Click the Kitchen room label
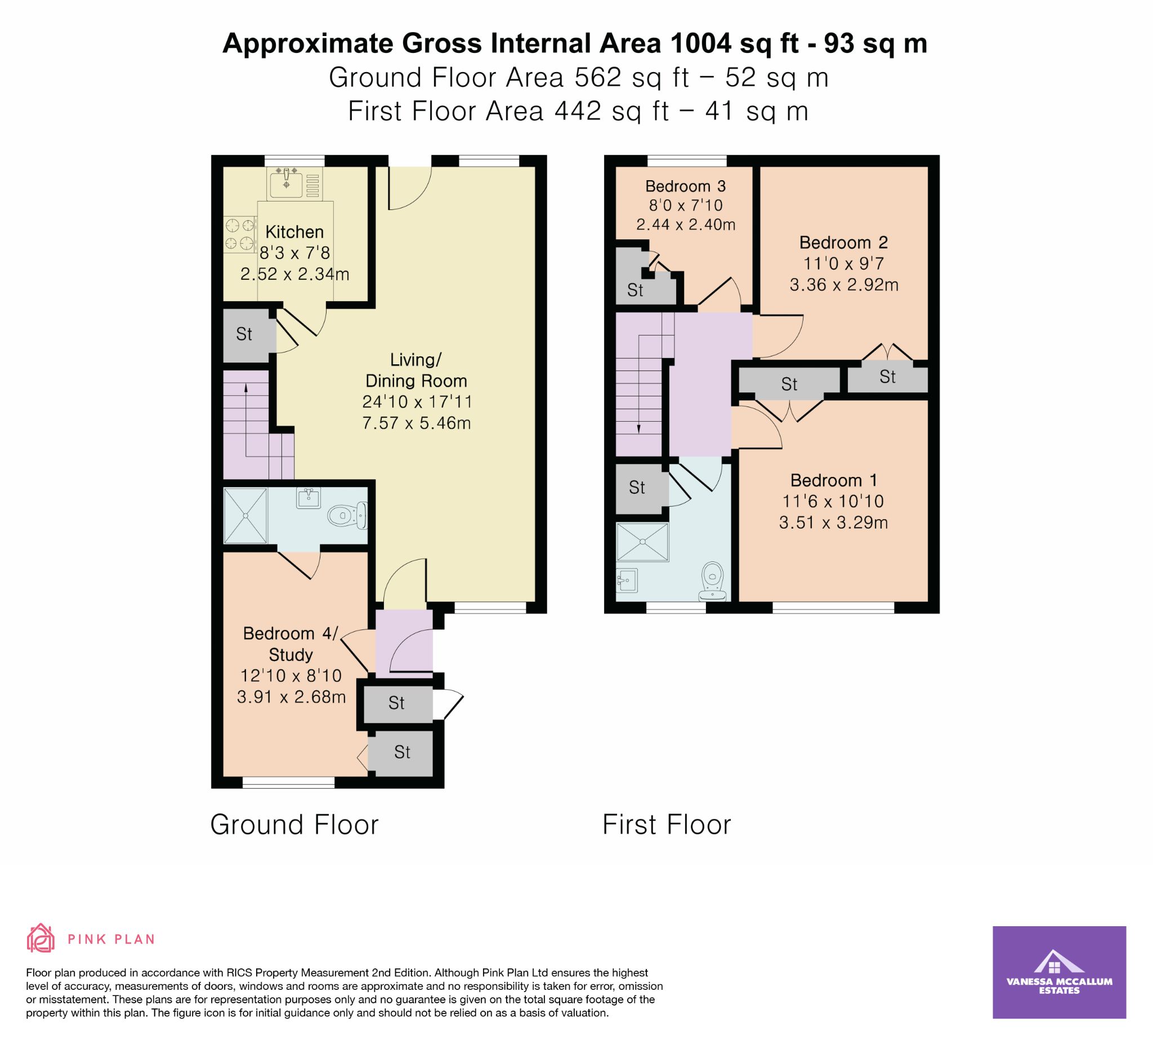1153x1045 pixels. point(294,231)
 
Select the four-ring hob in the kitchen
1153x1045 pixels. point(240,235)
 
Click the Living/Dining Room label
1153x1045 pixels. point(417,370)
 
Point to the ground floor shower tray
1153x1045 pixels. point(245,515)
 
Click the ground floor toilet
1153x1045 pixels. point(347,515)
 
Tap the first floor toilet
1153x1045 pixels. point(713,580)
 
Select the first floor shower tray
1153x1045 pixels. point(642,542)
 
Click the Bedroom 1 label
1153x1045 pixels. point(834,480)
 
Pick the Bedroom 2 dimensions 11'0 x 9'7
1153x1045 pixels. point(844,264)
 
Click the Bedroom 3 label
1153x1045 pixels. point(686,186)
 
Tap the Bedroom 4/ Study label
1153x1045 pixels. point(291,644)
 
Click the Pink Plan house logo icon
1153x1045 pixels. point(41,938)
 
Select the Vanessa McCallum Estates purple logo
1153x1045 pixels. point(1059,972)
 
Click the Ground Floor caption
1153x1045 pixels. point(294,825)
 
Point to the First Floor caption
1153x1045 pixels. point(667,825)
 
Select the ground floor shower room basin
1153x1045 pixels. point(309,498)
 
